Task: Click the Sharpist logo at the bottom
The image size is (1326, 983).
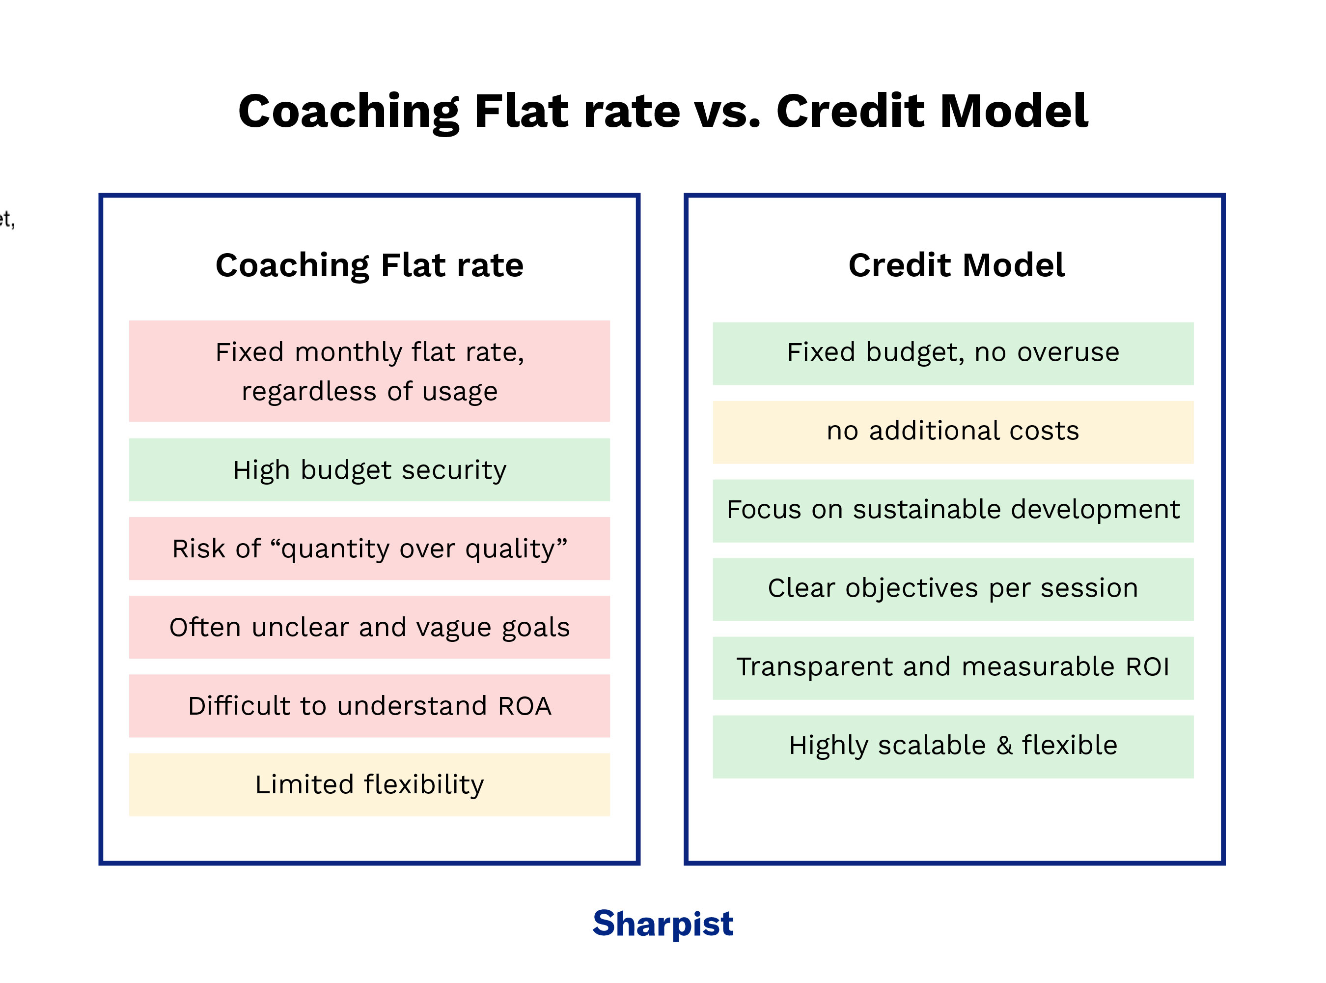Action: [x=663, y=924]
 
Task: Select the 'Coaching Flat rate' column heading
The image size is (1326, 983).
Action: [x=369, y=265]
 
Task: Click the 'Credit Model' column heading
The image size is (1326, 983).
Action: [x=956, y=265]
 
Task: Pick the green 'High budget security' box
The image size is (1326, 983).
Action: [x=369, y=470]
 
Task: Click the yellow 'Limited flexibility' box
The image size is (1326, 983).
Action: [x=369, y=784]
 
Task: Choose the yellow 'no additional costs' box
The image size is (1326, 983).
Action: [x=953, y=432]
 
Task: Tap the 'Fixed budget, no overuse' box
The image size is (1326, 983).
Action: [x=953, y=353]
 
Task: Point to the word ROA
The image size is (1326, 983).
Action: [x=525, y=706]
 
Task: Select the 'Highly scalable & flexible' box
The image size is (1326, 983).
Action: [x=953, y=746]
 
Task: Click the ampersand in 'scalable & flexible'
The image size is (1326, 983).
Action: [x=1004, y=746]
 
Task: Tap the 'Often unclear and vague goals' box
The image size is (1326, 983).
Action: [x=369, y=627]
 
